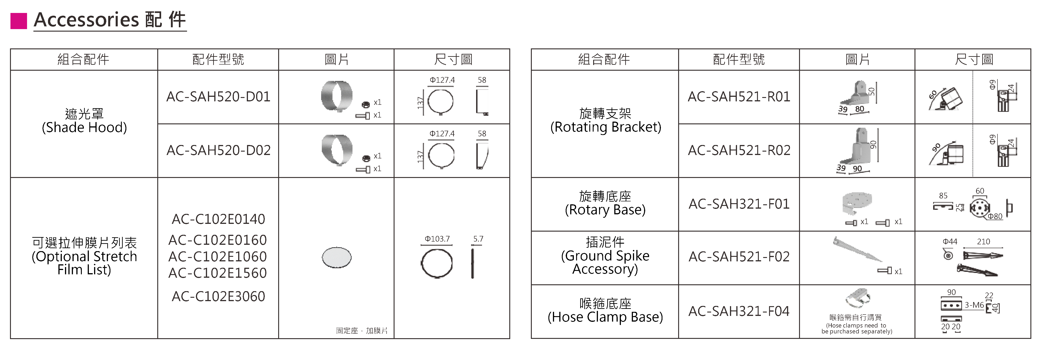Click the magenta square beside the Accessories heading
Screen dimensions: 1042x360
tap(19, 21)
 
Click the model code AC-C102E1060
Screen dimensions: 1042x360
tap(218, 256)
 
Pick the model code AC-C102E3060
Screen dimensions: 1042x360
tap(218, 297)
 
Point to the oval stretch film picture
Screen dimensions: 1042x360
tap(337, 257)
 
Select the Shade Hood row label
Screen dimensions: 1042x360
tap(84, 120)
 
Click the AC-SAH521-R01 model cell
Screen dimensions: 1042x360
tap(739, 97)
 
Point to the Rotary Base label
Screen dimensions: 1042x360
tap(605, 203)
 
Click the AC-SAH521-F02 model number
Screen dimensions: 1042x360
tap(739, 256)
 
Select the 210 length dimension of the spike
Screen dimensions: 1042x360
tap(983, 242)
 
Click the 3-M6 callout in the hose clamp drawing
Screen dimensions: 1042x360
tap(974, 305)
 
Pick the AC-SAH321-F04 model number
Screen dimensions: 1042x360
tap(739, 311)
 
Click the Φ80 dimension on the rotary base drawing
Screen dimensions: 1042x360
tap(995, 216)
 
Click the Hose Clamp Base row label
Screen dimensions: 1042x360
tap(605, 310)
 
